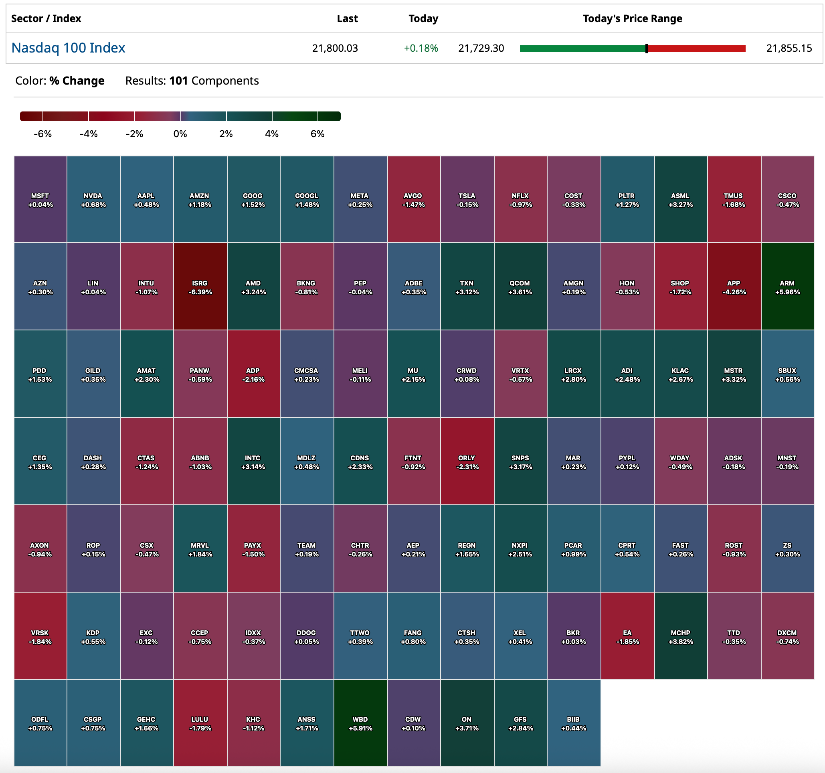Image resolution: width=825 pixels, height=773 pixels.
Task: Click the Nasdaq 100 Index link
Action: [x=68, y=48]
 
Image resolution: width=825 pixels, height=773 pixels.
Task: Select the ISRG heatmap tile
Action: [x=200, y=287]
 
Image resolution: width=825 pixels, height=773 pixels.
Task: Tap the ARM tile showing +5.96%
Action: [x=787, y=287]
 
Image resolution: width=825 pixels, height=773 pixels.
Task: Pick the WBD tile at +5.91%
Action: [x=360, y=723]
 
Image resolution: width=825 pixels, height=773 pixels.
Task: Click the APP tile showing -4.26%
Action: [x=734, y=287]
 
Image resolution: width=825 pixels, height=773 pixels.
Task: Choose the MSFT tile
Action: [x=40, y=200]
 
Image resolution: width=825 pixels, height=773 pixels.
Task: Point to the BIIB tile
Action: [x=574, y=723]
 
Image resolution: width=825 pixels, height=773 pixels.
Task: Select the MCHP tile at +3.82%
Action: [x=681, y=636]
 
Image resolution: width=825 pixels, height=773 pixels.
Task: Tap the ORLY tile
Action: [x=467, y=461]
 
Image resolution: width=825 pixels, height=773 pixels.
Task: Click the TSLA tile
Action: [x=467, y=200]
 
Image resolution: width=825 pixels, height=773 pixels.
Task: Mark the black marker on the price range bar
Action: [x=646, y=49]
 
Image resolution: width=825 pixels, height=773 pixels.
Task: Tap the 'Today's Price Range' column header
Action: [x=632, y=19]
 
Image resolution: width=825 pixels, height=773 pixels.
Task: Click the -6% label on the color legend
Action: [x=43, y=134]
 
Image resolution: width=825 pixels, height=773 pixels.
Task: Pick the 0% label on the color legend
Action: [x=180, y=134]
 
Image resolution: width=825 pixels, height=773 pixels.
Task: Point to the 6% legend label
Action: [x=317, y=134]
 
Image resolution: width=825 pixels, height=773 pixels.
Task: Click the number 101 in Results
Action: [x=178, y=81]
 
